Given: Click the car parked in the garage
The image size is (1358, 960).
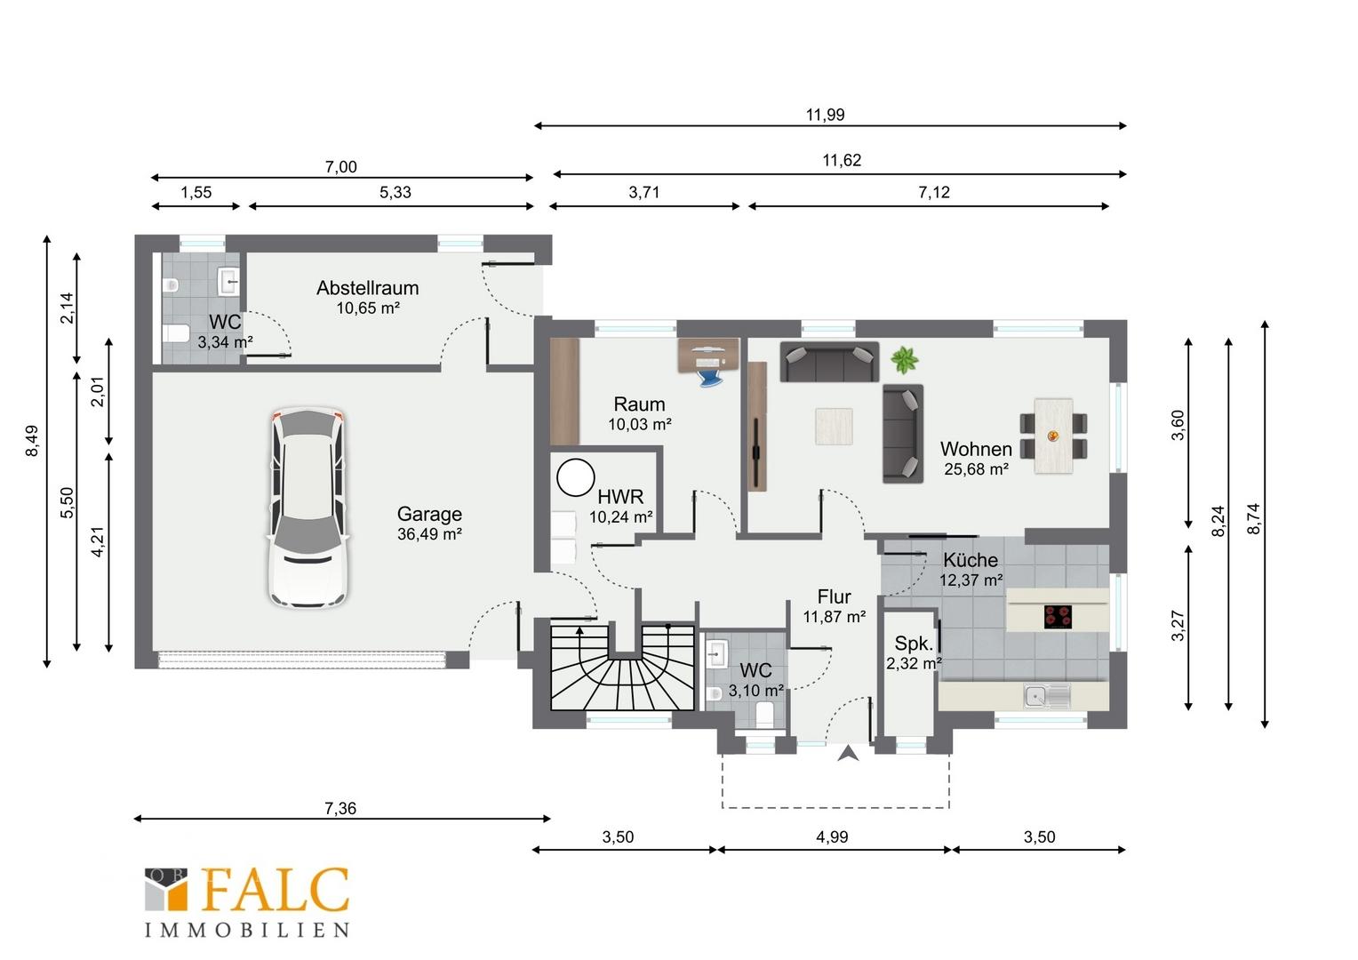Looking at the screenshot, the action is point(308,507).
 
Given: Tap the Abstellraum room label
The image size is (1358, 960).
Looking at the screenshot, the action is point(367,288).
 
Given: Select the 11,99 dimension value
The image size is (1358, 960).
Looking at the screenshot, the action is point(825,115).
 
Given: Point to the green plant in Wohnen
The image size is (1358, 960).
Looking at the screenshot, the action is point(904,360).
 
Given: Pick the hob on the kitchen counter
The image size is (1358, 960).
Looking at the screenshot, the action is point(1058,617).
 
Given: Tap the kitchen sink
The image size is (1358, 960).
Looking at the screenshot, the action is point(1047,696).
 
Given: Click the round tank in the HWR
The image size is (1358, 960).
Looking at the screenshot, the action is point(575,478).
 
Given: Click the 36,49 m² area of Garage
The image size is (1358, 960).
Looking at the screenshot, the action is point(429,534).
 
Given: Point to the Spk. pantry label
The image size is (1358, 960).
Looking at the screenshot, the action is point(914,643).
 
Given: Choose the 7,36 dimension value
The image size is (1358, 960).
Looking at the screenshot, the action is point(340,808).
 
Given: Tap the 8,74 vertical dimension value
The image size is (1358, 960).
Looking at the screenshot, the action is point(1254,518).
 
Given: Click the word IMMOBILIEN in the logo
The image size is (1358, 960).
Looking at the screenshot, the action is point(247,931).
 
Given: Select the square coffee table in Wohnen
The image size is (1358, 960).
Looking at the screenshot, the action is point(835,427).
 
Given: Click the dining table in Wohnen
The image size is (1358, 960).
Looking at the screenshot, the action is point(1054,436).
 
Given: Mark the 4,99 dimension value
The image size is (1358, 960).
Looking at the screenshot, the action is point(832,837).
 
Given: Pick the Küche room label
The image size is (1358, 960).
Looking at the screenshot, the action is point(970,560).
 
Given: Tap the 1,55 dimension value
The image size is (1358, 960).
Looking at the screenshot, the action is point(196,192).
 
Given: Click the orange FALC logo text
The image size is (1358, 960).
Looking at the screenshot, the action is point(276,890).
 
